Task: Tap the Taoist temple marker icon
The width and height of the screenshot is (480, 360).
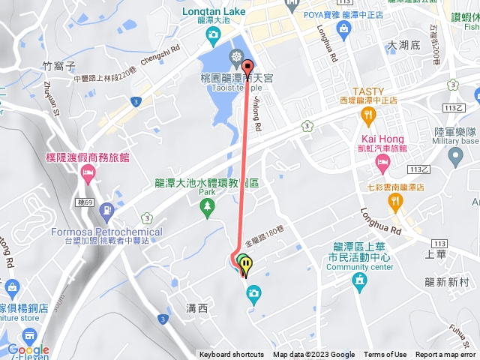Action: tap(237, 57)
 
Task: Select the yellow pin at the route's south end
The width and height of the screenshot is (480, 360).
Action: tap(247, 265)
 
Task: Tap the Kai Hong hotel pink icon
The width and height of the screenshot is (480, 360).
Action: tap(382, 162)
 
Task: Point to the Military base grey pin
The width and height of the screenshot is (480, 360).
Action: tap(454, 157)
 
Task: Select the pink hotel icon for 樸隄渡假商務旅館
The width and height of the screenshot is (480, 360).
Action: tap(87, 174)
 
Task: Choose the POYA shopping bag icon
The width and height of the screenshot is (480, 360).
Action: tap(344, 31)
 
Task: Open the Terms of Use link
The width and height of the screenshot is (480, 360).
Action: tap(385, 355)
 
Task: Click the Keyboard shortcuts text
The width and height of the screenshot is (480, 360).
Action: tap(232, 355)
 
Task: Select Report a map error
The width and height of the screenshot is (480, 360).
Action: tap(446, 355)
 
